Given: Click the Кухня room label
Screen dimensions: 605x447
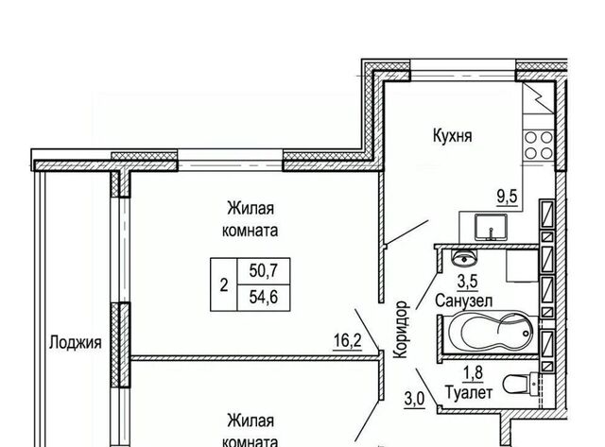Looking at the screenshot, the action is [x=452, y=136].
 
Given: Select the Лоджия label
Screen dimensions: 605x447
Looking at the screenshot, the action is [x=76, y=342].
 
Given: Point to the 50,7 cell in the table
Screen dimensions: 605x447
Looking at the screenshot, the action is [x=264, y=270].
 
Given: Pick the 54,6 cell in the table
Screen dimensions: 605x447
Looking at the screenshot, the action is [x=264, y=298].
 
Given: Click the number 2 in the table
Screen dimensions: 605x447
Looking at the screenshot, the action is [x=224, y=285].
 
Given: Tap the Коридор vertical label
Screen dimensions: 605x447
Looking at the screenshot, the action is [x=401, y=330].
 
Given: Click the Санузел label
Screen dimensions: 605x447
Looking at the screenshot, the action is [x=464, y=301].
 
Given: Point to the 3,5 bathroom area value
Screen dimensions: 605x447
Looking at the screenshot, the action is [x=468, y=282].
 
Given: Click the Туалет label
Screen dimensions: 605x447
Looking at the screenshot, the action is [x=469, y=393].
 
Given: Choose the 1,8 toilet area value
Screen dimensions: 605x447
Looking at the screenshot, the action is [x=474, y=373].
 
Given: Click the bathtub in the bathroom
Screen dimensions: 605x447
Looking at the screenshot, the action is [x=490, y=334].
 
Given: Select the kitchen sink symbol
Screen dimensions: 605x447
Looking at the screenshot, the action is [x=492, y=227].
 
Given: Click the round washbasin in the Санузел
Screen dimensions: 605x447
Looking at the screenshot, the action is [x=464, y=258].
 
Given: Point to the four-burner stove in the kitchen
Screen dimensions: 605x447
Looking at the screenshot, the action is [x=539, y=145].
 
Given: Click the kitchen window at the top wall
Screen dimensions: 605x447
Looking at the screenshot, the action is [x=462, y=70].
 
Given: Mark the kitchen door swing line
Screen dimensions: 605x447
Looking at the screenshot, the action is [x=407, y=232].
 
